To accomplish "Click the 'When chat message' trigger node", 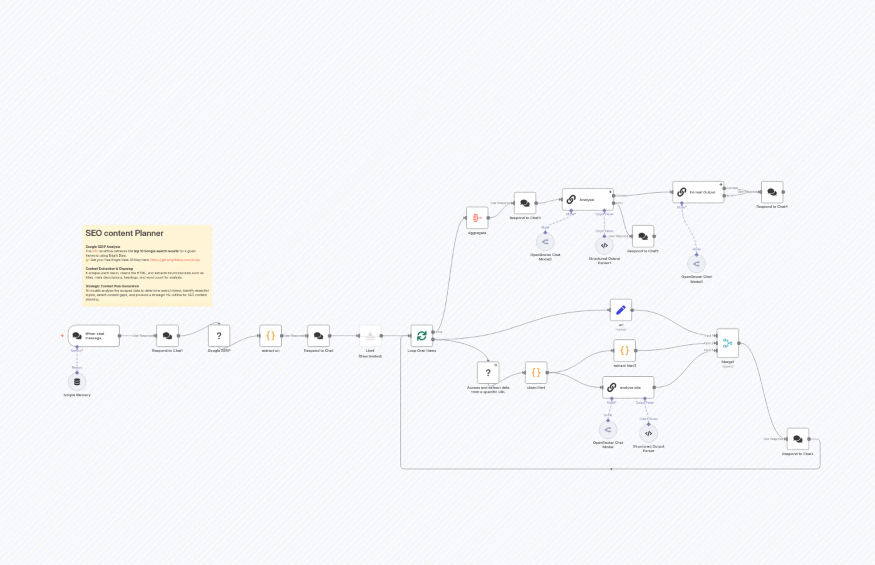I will point(94,336).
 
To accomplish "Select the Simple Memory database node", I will point(77,382).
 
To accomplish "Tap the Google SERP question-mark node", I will point(219,336).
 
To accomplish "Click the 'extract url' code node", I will point(271,336).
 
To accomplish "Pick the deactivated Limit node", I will point(370,336).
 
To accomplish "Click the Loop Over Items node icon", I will point(422,336).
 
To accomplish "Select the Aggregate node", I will point(477,218).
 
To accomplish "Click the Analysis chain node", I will point(587,200).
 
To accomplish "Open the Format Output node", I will point(698,192).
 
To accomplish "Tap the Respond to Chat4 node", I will point(772,192).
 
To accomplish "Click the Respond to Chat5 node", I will point(643,236).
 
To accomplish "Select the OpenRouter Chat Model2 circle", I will point(545,242).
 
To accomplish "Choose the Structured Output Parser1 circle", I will point(604,245).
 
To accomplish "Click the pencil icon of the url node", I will point(621,310).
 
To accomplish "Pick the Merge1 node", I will point(727,343).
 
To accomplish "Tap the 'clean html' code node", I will point(536,373).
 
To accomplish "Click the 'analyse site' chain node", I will point(628,388).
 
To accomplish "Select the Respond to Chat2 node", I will point(798,439).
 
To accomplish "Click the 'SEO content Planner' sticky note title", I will point(124,233).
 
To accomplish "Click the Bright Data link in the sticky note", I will point(175,260).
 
